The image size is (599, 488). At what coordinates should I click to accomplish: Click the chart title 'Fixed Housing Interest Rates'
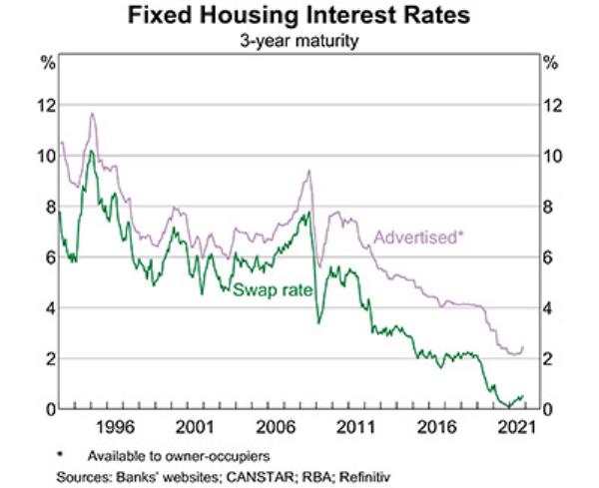299,18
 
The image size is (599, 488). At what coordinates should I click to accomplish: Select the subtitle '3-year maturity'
299,41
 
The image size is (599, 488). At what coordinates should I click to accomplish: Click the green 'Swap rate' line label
273,289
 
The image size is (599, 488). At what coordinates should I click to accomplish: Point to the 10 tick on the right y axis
551,157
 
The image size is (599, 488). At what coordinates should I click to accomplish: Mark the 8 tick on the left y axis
44,208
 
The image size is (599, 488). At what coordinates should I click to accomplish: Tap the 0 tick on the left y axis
44,409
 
